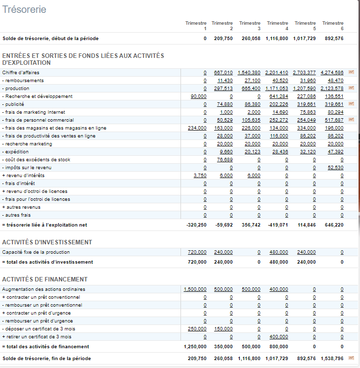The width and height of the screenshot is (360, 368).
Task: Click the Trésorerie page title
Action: pos(25,9)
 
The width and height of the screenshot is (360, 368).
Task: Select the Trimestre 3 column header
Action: pos(250,26)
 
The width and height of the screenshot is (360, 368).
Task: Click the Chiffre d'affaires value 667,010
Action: pos(223,73)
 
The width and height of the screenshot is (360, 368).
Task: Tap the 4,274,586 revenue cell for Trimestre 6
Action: pos(332,73)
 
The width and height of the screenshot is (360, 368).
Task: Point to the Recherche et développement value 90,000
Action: pos(199,96)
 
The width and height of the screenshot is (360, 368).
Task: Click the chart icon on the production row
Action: pos(352,88)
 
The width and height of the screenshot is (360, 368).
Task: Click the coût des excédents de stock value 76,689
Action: pos(225,160)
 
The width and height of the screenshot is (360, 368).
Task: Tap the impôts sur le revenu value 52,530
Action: pos(335,168)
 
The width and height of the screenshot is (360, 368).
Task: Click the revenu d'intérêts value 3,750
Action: pos(200,176)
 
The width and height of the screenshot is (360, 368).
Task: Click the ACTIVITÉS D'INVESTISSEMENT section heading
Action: pos(47,242)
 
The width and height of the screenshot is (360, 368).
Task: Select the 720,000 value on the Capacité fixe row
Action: pos(197,252)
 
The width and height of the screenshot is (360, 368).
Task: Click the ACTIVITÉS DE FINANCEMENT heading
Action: pos(45,279)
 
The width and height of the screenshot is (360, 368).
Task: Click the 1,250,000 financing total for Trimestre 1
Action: pos(195,347)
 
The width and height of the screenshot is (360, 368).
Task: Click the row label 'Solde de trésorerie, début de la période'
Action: pos(50,39)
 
